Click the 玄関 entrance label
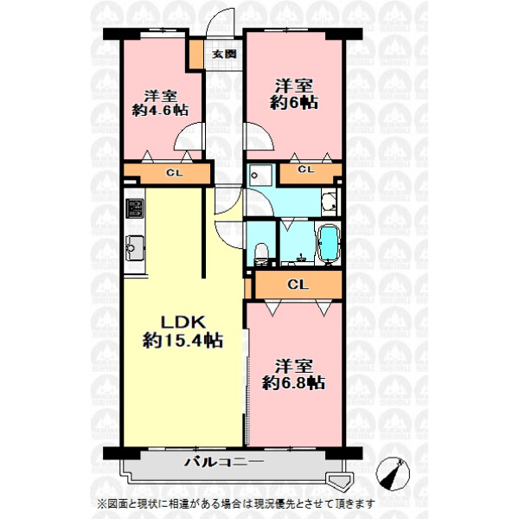(224, 54)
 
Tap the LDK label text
(183, 322)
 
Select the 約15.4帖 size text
(183, 340)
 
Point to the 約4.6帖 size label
(161, 110)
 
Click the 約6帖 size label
(294, 102)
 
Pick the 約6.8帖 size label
(293, 382)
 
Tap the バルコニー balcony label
(224, 461)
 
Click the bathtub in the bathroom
(328, 244)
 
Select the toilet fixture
(261, 253)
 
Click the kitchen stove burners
(135, 208)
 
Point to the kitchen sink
(135, 247)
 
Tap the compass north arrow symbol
(393, 473)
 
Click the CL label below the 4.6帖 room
(175, 173)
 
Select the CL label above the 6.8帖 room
(298, 285)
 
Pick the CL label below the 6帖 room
(306, 170)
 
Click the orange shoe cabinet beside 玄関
(196, 54)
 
